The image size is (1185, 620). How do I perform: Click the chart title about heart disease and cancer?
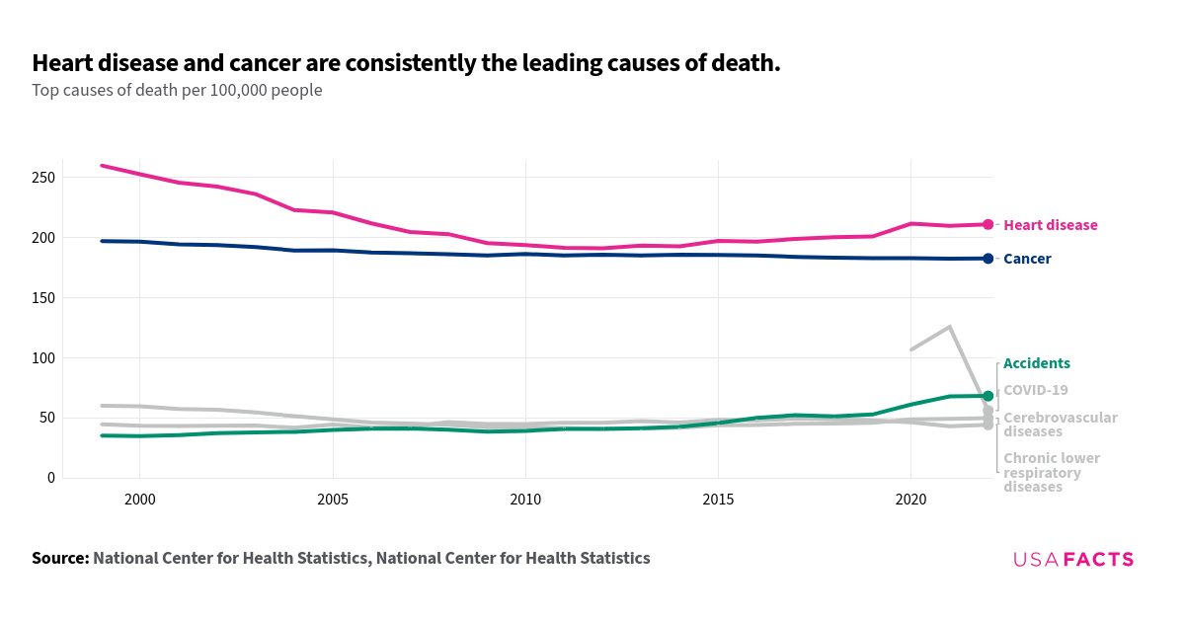[x=406, y=64]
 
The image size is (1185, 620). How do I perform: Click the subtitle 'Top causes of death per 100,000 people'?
[x=177, y=90]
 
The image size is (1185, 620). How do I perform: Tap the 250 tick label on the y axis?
[x=42, y=178]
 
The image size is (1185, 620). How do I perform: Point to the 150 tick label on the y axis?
[x=42, y=298]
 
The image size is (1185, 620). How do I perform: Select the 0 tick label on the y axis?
[x=50, y=478]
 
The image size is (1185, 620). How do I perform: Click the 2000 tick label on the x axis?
[x=139, y=501]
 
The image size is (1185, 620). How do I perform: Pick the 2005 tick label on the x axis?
[x=333, y=501]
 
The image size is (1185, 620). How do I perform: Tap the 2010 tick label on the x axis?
[x=525, y=501]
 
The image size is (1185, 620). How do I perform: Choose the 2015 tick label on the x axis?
[x=718, y=501]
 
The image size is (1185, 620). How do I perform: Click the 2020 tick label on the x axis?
[x=910, y=501]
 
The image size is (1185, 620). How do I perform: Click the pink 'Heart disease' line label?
[x=1050, y=225]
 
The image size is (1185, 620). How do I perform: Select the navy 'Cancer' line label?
[x=1027, y=259]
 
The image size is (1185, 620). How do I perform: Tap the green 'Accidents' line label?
[x=1036, y=363]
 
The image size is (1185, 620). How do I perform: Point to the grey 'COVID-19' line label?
[x=1035, y=390]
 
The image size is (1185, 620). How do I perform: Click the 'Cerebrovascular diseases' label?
[x=1060, y=425]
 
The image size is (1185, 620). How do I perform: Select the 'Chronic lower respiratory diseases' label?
[x=1051, y=472]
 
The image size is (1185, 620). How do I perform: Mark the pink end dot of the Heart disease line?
[x=987, y=224]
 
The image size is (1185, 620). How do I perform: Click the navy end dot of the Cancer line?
[x=987, y=259]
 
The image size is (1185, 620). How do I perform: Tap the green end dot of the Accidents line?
[x=987, y=396]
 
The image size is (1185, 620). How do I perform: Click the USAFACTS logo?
[x=1072, y=560]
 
